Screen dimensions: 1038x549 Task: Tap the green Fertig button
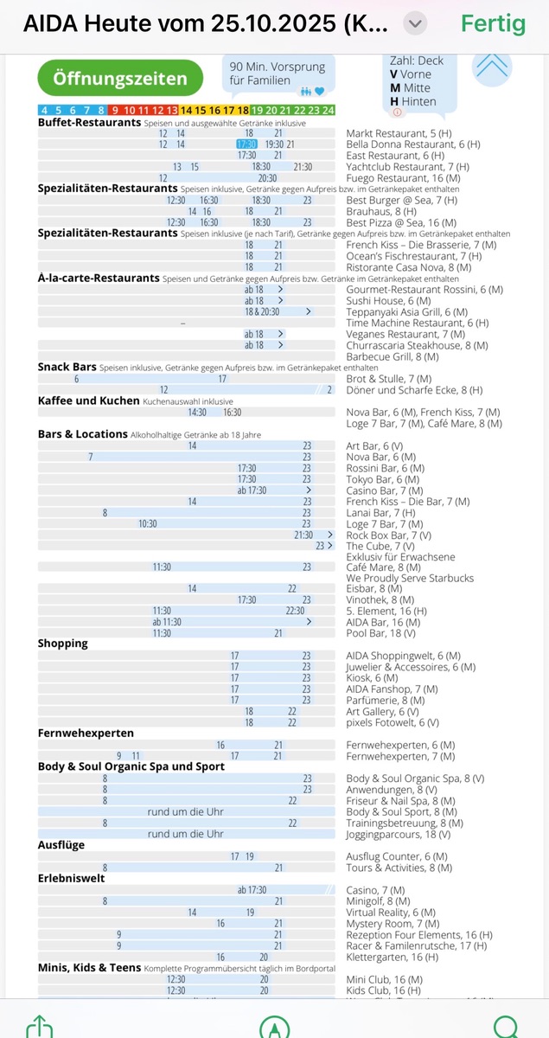pyautogui.click(x=493, y=23)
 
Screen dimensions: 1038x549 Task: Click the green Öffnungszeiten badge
pyautogui.click(x=120, y=79)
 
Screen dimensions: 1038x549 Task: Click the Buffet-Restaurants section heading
pyautogui.click(x=89, y=123)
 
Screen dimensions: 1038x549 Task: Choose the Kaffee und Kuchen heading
pyautogui.click(x=88, y=401)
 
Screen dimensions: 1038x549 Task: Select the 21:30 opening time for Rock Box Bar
pyautogui.click(x=304, y=535)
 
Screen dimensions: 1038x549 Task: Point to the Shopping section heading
pyautogui.click(x=63, y=644)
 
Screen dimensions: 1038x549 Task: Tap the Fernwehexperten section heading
pyautogui.click(x=85, y=734)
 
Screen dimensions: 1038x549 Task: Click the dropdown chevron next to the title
pyautogui.click(x=416, y=23)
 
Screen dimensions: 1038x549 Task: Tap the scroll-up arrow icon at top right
pyautogui.click(x=493, y=67)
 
